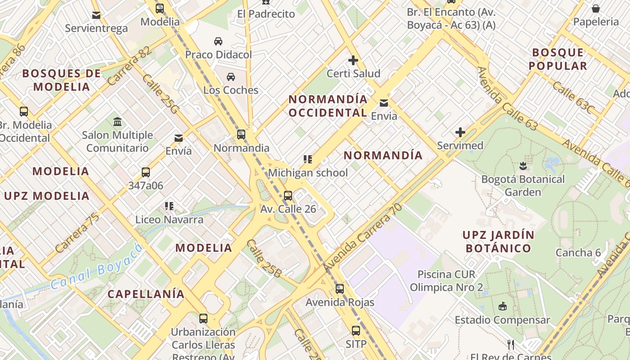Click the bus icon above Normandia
tap(241, 134)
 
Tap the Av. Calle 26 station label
tap(288, 209)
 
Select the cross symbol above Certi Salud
tap(353, 60)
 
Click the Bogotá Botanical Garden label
tap(523, 185)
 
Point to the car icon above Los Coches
tap(231, 76)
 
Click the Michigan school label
tap(308, 173)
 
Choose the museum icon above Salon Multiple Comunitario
tap(117, 121)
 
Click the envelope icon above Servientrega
tap(96, 15)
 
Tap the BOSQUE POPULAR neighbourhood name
tap(558, 59)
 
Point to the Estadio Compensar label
tap(502, 320)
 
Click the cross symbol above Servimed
tap(460, 132)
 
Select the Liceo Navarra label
tap(169, 220)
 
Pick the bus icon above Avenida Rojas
tap(340, 289)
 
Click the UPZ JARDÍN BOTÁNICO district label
tap(498, 241)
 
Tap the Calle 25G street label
tap(161, 93)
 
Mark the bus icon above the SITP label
tap(356, 331)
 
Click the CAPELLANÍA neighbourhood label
tap(146, 294)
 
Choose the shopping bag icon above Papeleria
tap(595, 8)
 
